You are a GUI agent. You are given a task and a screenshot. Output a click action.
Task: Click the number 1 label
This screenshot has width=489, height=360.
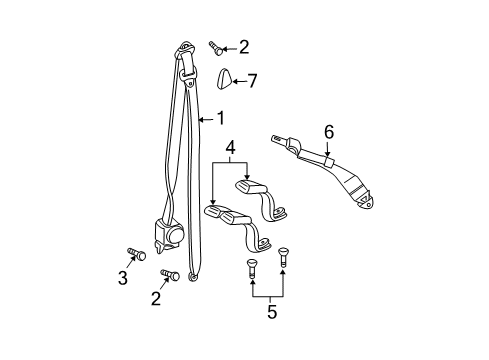220,121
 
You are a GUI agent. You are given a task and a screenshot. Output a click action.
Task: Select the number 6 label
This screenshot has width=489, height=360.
327,129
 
